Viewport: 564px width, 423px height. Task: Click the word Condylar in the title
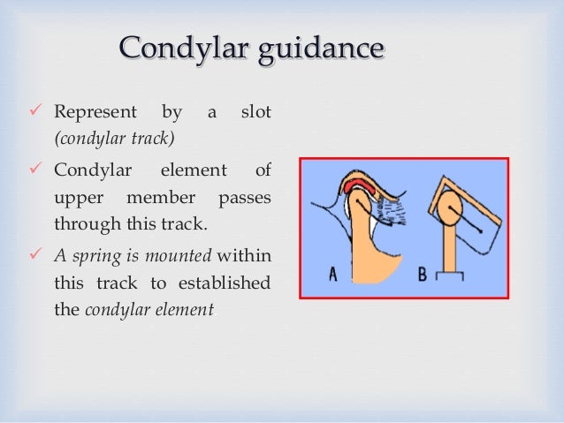point(171,49)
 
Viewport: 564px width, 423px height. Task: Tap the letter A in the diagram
point(332,275)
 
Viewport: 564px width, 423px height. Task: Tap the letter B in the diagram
point(423,275)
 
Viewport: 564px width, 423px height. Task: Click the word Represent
point(95,113)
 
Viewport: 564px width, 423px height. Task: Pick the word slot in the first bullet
point(255,113)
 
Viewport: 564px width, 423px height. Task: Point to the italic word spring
point(93,256)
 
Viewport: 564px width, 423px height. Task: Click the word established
point(229,283)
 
